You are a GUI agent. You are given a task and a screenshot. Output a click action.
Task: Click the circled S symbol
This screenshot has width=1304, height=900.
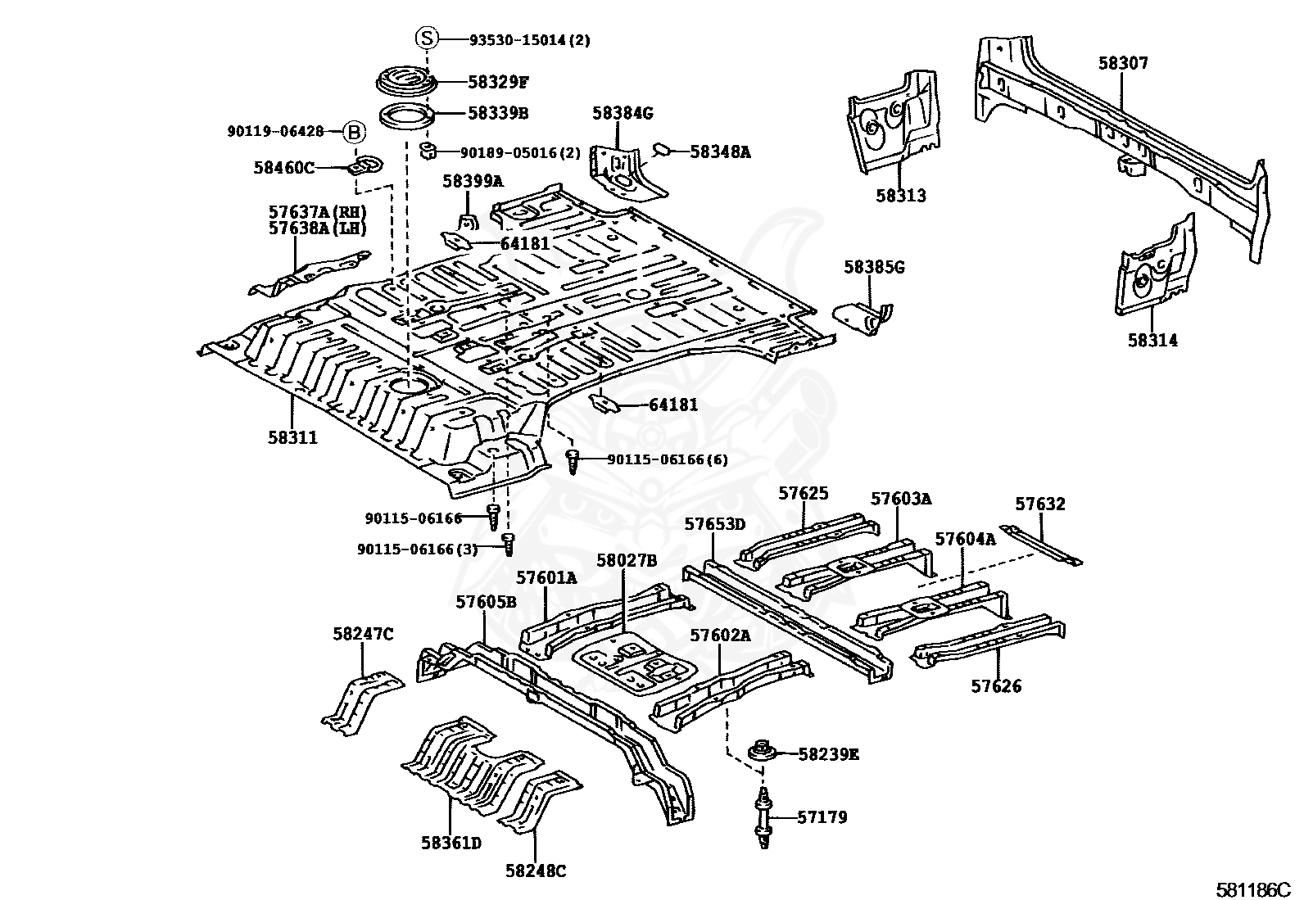(428, 38)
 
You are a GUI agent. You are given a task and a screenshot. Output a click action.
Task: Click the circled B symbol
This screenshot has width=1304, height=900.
(353, 131)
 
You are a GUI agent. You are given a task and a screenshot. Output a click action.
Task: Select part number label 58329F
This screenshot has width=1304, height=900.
(498, 82)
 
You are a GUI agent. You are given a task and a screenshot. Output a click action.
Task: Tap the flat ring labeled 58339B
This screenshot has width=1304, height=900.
(407, 115)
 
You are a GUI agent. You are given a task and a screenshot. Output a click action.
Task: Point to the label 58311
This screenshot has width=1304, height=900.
(292, 438)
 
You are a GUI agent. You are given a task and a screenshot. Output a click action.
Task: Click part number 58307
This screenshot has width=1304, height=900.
(1123, 63)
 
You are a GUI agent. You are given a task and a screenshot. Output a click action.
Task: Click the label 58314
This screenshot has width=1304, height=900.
(1152, 341)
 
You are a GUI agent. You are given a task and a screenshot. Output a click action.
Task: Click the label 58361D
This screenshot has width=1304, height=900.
(451, 842)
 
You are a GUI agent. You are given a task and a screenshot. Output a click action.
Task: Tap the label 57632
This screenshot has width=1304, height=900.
(1040, 504)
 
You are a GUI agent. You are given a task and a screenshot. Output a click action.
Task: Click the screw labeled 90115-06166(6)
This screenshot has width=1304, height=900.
(574, 460)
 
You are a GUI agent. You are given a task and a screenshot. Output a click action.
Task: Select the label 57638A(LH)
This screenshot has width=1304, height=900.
(317, 228)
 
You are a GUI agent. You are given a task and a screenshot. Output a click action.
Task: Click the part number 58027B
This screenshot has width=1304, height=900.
(627, 560)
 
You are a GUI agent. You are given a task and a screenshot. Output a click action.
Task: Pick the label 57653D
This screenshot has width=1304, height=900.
(715, 524)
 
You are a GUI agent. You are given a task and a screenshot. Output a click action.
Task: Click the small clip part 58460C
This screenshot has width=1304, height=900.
(365, 166)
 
